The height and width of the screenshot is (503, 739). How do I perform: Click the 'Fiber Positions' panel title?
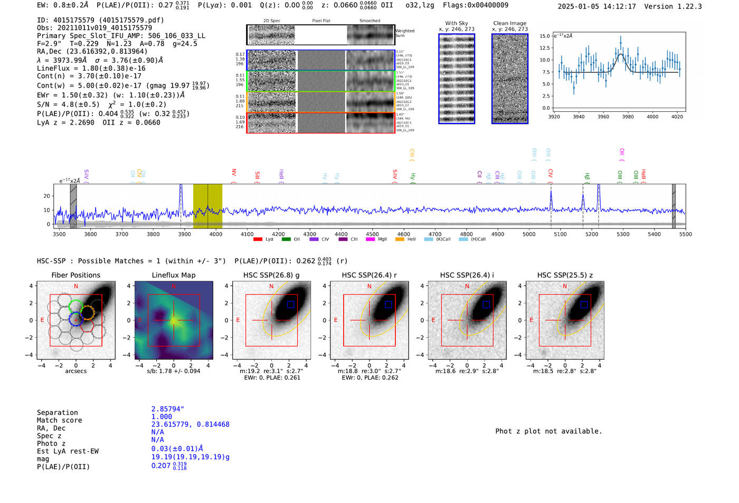pos(75,275)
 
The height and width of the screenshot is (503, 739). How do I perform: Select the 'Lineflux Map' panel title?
pos(174,275)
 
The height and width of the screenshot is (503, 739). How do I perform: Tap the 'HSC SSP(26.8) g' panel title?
pos(271,275)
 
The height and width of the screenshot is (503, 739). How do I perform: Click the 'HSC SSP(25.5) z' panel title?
pos(565,275)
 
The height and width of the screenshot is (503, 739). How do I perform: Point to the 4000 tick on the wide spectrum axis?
pos(216,234)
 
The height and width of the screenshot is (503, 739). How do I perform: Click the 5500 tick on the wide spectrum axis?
pos(685,234)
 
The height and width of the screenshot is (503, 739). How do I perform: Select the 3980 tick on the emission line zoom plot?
pos(628,117)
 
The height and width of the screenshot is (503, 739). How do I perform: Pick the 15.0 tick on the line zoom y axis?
pos(544,36)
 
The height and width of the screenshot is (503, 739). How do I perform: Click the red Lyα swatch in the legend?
pos(258,240)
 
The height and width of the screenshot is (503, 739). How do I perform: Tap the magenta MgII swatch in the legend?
pos(370,240)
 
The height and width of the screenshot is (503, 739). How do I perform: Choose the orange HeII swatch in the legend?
pos(400,240)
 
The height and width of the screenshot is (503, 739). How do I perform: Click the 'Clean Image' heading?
pos(509,23)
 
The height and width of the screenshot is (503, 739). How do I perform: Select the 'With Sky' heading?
pos(456,23)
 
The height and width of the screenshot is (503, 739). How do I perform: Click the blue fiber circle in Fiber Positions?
pos(75,319)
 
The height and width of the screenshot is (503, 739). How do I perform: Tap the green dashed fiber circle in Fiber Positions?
pos(76,306)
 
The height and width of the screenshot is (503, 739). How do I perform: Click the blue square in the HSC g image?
pos(290,305)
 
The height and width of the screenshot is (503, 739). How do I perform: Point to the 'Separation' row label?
pos(57,413)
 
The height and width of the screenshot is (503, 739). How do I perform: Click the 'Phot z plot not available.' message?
pos(548,431)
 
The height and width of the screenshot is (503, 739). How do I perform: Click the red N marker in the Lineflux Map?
pos(173,287)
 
